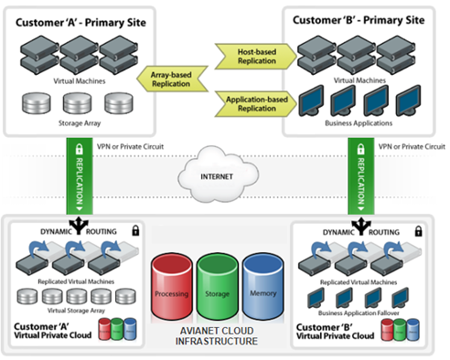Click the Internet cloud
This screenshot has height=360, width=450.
pyautogui.click(x=218, y=175)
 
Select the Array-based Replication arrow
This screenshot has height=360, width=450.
pyautogui.click(x=173, y=79)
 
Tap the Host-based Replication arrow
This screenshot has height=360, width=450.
pyautogui.click(x=256, y=57)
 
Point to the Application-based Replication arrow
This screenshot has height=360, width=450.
pyautogui.click(x=256, y=104)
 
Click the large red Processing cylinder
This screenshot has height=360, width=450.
pyautogui.click(x=172, y=286)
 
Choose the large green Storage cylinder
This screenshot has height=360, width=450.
pyautogui.click(x=218, y=286)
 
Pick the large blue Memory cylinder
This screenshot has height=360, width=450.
pyautogui.click(x=263, y=286)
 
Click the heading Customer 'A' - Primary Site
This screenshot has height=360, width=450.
pyautogui.click(x=80, y=23)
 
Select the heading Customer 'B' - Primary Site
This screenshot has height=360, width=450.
pyautogui.click(x=359, y=20)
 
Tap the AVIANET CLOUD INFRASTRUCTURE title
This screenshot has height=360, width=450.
pyautogui.click(x=217, y=336)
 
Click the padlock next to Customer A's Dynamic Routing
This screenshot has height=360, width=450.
pyautogui.click(x=135, y=230)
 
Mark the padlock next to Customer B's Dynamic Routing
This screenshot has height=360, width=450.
pyautogui.click(x=419, y=231)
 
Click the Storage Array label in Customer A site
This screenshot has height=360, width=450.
pyautogui.click(x=80, y=123)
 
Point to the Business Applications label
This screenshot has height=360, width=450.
pyautogui.click(x=359, y=123)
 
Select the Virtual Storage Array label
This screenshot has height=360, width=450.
pyautogui.click(x=76, y=311)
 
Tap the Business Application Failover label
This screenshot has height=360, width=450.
pyautogui.click(x=359, y=312)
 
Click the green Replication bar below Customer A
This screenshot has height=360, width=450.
pyautogui.click(x=80, y=176)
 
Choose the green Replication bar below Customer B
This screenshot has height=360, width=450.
pyautogui.click(x=361, y=176)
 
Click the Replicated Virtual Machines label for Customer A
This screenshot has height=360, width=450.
pyautogui.click(x=76, y=281)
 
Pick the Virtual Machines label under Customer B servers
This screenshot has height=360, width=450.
pyautogui.click(x=359, y=80)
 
